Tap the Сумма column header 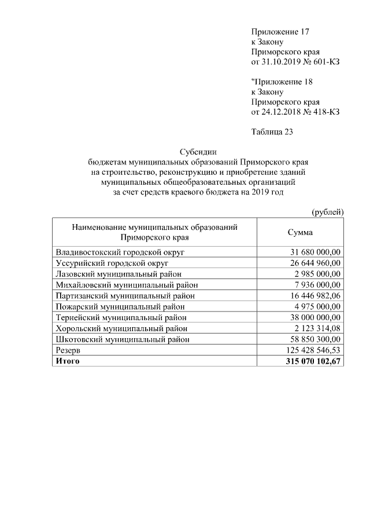click(300, 232)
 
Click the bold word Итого click(67, 361)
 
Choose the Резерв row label click(68, 350)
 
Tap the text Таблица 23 click(272, 132)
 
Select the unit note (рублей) click(328, 212)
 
